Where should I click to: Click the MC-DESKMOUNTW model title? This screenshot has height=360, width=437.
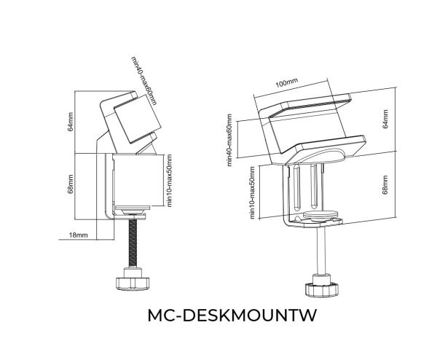coord(232,315)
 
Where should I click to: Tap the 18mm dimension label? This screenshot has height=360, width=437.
coord(79,235)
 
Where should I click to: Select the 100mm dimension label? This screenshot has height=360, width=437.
coord(286,82)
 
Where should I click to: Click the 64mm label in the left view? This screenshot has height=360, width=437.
coord(70,122)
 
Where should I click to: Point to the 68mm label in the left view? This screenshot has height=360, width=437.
coord(70,184)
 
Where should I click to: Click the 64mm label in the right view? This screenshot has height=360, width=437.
coord(385,119)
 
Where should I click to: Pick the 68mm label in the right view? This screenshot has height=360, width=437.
coord(385,184)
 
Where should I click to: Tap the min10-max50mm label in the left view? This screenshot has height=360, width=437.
coord(169,181)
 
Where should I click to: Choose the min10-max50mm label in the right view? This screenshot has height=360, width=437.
coord(252,192)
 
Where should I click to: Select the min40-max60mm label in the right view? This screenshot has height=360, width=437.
coord(229,140)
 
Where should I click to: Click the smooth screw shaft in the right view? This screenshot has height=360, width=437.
coord(321,251)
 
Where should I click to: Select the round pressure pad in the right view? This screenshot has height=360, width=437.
coord(320,215)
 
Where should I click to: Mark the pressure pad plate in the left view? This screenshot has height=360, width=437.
coord(133,208)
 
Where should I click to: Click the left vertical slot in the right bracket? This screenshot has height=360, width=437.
coord(297,188)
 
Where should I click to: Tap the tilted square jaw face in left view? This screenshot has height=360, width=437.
coord(137,119)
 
